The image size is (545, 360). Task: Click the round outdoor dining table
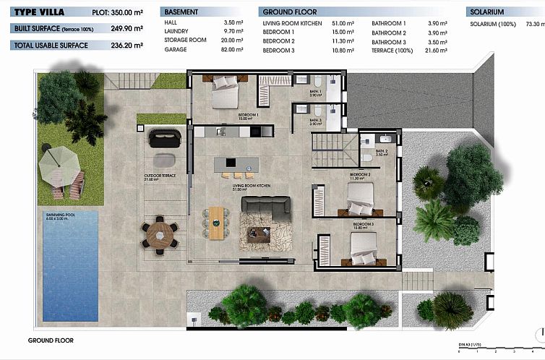160,235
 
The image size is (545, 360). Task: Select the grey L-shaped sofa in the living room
265,209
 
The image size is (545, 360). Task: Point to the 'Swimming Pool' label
60,215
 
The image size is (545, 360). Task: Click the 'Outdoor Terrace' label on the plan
160,176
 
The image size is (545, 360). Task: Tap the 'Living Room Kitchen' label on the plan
251,186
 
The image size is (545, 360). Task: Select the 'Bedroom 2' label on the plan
360,175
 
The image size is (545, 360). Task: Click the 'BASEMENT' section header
181,12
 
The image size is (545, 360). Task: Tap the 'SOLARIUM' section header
487,12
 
